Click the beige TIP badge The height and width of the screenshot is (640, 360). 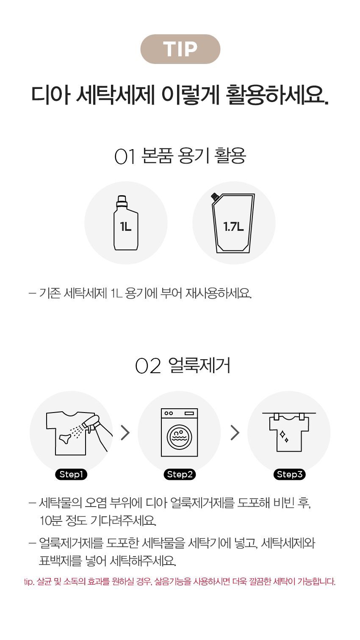(180, 49)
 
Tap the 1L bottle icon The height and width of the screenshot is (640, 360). (126, 223)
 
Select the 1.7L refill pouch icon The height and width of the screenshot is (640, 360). (233, 223)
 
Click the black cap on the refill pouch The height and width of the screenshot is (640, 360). (215, 196)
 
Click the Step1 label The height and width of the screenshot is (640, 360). (71, 474)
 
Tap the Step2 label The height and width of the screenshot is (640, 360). (180, 474)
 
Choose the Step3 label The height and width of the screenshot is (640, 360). (289, 474)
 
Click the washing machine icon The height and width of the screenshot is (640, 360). (180, 432)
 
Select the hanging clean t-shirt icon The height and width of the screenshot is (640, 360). (289, 432)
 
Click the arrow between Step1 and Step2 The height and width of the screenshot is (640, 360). (125, 432)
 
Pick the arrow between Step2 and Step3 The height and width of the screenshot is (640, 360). (235, 432)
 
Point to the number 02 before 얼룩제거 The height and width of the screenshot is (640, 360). (148, 366)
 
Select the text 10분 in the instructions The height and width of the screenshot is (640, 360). (51, 521)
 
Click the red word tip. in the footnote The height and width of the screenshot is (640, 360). (29, 582)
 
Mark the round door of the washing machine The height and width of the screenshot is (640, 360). (180, 437)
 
